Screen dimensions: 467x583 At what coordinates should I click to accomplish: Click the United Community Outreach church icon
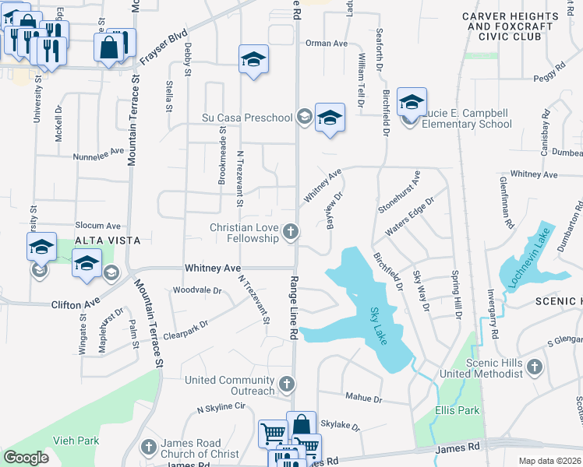[x=287, y=384]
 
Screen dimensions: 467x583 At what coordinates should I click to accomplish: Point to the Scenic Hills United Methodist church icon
[x=534, y=367]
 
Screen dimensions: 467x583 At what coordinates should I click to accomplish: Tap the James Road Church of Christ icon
[x=149, y=447]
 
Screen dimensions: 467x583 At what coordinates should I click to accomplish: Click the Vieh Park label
[x=76, y=441]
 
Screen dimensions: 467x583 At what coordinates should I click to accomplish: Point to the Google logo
[x=26, y=458]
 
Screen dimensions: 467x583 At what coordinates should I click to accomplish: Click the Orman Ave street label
[x=327, y=44]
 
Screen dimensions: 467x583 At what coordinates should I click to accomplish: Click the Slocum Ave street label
[x=97, y=225]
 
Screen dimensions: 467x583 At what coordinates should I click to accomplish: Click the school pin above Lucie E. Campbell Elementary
[x=412, y=102]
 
